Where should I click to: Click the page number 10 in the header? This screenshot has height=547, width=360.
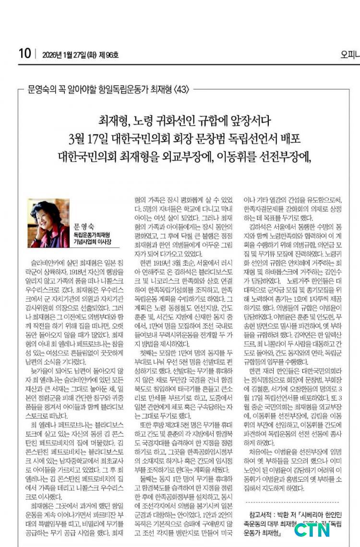[24, 53]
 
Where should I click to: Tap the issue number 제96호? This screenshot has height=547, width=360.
[110, 54]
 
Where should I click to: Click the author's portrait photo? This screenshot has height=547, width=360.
[48, 217]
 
